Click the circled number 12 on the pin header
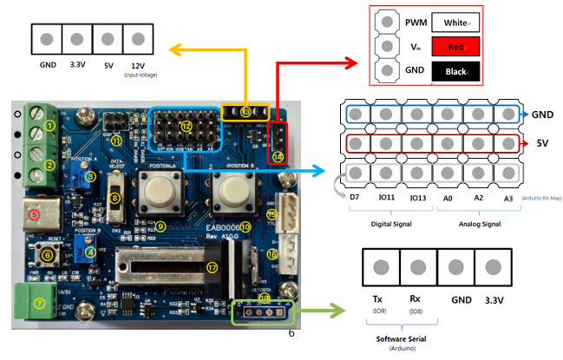186,127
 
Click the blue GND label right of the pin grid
542,114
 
